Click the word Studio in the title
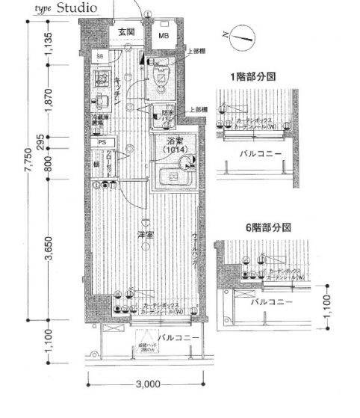click(x=75, y=8)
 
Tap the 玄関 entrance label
click(x=125, y=32)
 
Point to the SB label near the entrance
click(x=99, y=57)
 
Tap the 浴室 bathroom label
click(x=173, y=140)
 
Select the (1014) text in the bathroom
click(x=173, y=150)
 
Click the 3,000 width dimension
click(x=148, y=384)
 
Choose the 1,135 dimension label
click(x=49, y=44)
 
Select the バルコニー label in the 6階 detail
click(x=269, y=301)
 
